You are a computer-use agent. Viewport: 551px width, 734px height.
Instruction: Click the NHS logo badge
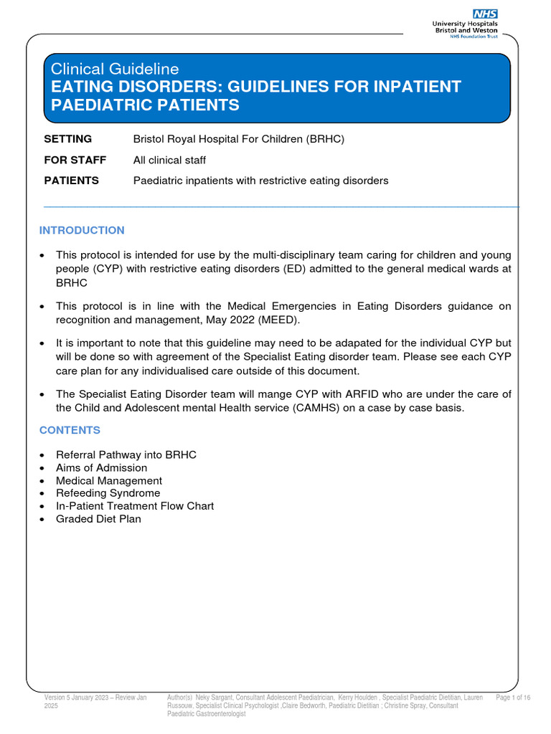click(484, 14)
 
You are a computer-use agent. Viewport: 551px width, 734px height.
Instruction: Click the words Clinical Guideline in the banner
click(114, 69)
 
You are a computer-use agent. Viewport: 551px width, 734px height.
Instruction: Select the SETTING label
click(68, 139)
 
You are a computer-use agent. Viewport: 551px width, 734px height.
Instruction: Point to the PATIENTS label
click(72, 181)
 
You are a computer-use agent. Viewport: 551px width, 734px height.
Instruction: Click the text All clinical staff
click(169, 160)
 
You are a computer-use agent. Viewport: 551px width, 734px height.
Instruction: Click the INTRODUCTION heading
click(82, 230)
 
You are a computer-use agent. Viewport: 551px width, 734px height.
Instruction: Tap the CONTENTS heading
click(70, 430)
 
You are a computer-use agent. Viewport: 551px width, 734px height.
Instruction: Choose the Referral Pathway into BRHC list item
click(126, 455)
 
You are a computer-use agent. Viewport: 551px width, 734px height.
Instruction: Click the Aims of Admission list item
click(102, 468)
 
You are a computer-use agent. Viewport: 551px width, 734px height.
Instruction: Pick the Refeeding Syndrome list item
click(108, 493)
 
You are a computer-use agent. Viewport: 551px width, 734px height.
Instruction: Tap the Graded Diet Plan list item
click(99, 519)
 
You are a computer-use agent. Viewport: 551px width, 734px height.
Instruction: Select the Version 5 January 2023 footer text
click(95, 697)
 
